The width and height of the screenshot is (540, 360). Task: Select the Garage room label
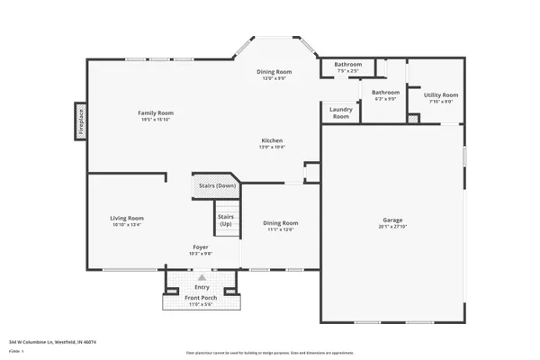pos(391,220)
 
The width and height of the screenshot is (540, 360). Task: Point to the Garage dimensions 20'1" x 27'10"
pos(391,227)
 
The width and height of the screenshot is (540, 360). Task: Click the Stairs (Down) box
pos(212,186)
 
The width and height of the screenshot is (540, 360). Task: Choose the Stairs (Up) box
pos(225,220)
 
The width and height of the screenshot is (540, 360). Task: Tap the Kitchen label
pos(273,140)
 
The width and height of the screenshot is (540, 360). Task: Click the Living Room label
pos(127,218)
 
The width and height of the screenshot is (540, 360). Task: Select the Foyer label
pos(202,247)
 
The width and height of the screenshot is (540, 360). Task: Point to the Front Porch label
pos(202,298)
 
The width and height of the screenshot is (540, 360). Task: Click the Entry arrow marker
pos(202,278)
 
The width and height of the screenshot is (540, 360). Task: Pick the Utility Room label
pos(441,94)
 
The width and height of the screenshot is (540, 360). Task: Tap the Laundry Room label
pos(340,112)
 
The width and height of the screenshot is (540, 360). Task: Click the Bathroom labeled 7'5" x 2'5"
pos(348,65)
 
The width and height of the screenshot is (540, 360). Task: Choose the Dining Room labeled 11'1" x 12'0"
pos(280,222)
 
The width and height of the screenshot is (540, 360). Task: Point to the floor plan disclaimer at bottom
pos(269,353)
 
